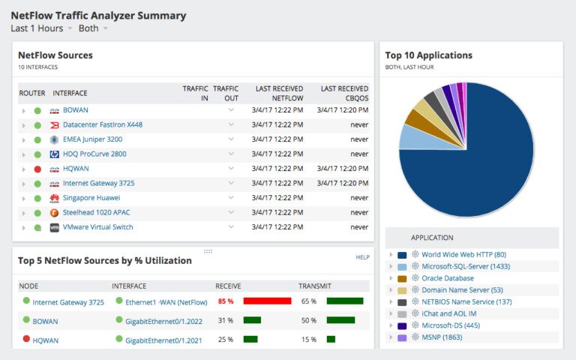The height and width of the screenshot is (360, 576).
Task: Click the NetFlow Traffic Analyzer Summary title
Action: coord(98,15)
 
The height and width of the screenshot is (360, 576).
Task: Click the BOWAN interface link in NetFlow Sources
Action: coord(75,110)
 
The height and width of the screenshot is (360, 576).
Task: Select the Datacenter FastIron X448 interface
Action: coord(102,124)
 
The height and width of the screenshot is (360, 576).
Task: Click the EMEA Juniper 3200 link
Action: coord(92,139)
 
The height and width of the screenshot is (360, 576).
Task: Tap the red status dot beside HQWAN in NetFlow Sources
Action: coord(37,169)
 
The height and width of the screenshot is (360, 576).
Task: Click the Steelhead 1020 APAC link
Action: coord(96,212)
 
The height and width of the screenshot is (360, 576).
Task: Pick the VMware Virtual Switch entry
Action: coord(97,227)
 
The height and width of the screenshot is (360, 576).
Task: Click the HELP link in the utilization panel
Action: coord(362,257)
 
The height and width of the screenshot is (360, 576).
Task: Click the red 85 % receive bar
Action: coord(267,301)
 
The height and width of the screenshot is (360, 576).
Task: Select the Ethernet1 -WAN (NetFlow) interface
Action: coord(166,301)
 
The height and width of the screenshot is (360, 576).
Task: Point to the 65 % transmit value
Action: coord(308,301)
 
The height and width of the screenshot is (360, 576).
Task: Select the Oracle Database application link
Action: coord(447,278)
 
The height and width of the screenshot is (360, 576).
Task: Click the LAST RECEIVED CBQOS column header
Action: coord(344,93)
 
